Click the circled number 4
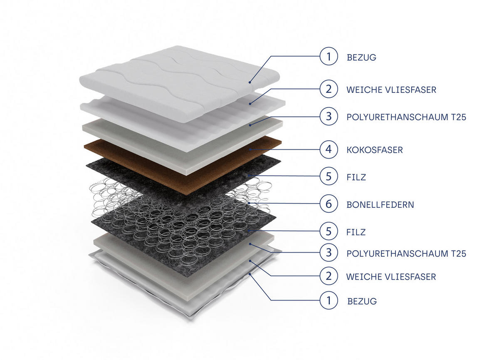[x=329, y=149]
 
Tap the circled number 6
[x=329, y=204]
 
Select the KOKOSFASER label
[x=375, y=150]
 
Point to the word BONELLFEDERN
[x=380, y=204]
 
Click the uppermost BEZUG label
[x=361, y=57]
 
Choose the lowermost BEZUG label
[x=362, y=301]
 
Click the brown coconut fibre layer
[x=183, y=166]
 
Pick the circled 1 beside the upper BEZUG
[x=329, y=57]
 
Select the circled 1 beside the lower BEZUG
[x=329, y=300]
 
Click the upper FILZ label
[x=356, y=177]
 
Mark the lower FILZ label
[x=356, y=232]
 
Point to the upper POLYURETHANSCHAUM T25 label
[x=406, y=117]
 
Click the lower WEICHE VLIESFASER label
[x=391, y=276]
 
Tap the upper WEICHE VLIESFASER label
[x=391, y=89]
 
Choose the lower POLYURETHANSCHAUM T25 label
[x=406, y=253]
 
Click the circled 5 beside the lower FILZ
[x=329, y=231]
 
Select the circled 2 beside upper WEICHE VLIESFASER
[x=329, y=89]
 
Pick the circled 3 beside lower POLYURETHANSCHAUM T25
[x=329, y=253]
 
